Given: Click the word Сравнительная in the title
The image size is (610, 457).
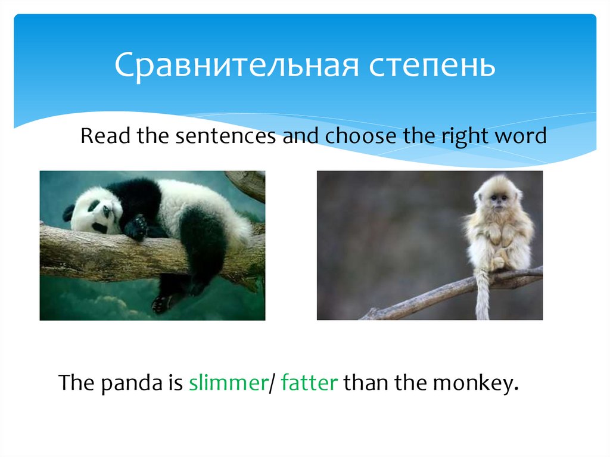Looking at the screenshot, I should point(236,66).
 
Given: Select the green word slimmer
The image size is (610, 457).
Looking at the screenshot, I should point(227,383).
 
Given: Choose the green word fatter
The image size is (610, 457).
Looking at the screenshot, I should point(309,383).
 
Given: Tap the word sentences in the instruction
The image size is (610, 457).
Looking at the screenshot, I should point(225,136).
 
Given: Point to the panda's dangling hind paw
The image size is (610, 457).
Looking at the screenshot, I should point(162,303).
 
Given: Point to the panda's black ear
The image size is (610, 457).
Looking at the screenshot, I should point(69,211).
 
